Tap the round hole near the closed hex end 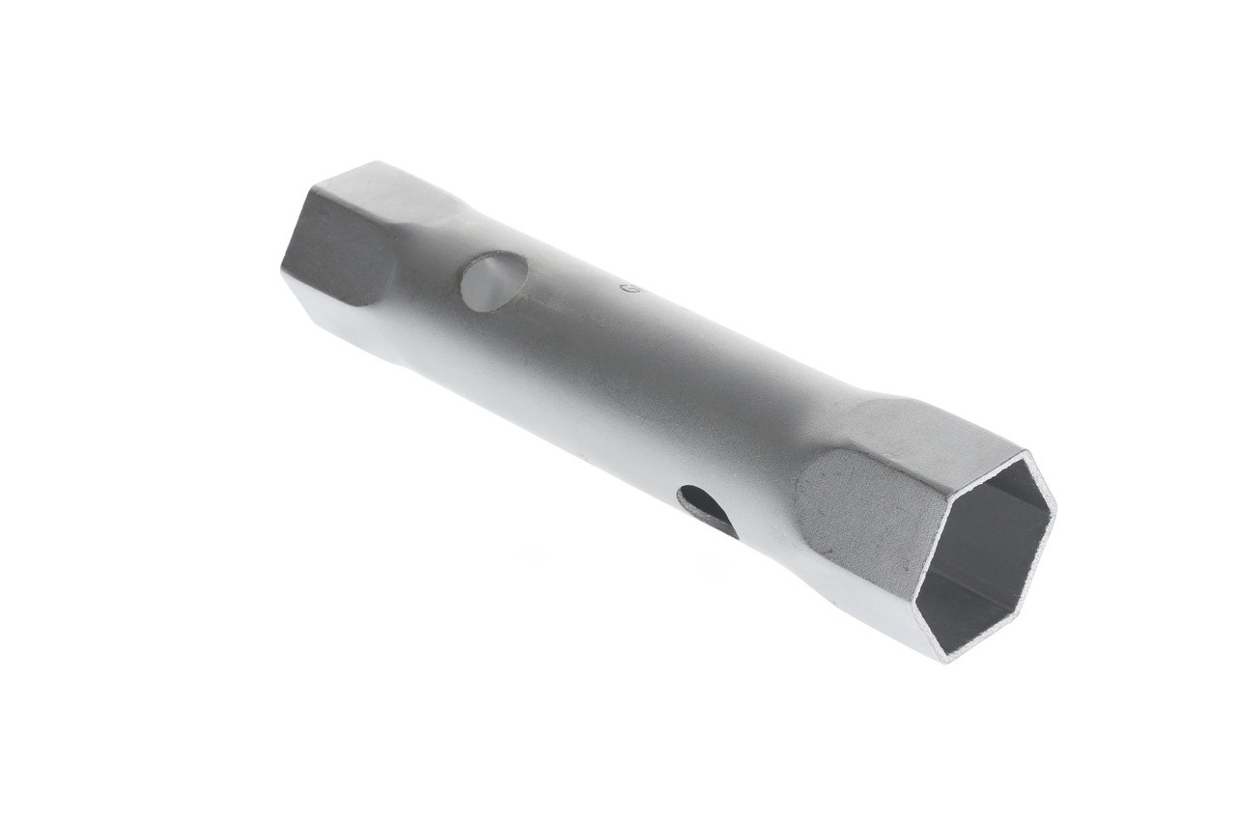[x=493, y=281]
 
